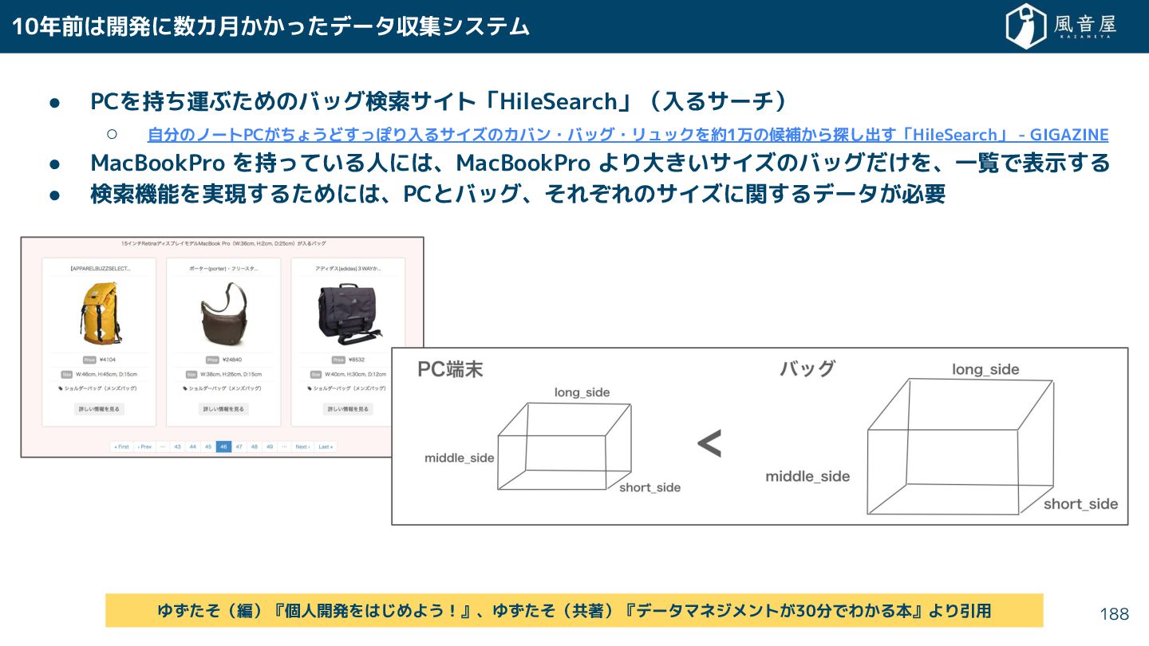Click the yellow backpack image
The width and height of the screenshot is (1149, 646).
click(99, 313)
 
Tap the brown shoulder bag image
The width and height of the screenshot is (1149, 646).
click(223, 313)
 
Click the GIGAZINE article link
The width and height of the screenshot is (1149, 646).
click(628, 135)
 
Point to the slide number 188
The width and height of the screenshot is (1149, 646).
click(1114, 614)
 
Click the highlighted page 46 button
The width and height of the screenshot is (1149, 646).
click(223, 447)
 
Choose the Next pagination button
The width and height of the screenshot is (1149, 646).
click(302, 447)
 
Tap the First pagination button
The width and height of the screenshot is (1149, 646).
click(121, 447)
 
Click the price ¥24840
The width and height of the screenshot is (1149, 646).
click(231, 360)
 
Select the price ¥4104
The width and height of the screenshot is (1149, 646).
click(107, 360)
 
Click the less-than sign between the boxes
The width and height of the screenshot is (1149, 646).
click(709, 444)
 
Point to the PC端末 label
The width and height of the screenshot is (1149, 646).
click(450, 370)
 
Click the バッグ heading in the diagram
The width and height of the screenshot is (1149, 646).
click(807, 368)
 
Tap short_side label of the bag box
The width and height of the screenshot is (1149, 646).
click(1080, 504)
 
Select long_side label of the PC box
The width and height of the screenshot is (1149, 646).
click(582, 392)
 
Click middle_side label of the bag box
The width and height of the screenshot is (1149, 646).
click(807, 477)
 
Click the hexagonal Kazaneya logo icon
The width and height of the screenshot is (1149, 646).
click(1026, 26)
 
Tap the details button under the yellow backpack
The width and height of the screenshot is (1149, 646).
click(99, 409)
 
